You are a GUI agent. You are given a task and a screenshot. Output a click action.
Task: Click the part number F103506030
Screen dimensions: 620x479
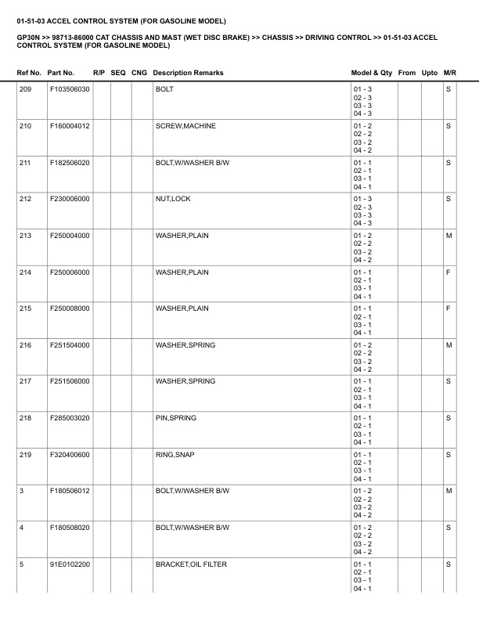[x=70, y=89]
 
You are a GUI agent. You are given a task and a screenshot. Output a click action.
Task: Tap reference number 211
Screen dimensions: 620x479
[x=25, y=162]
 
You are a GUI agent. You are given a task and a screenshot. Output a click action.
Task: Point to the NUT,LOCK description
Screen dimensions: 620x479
[x=173, y=199]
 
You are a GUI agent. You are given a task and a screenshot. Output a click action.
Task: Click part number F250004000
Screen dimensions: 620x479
[x=70, y=236]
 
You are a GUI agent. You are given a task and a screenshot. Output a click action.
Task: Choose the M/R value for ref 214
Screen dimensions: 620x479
[x=448, y=272]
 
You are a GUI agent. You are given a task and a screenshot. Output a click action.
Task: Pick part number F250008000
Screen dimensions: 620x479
[x=70, y=308]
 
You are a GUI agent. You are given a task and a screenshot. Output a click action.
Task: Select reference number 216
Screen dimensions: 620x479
[x=25, y=345]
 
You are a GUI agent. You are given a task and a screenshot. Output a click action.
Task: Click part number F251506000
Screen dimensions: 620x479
[x=70, y=382]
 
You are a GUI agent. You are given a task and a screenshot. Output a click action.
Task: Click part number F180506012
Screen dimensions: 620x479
[x=70, y=492]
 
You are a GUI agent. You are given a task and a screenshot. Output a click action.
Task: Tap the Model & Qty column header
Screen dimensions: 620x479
[x=372, y=73]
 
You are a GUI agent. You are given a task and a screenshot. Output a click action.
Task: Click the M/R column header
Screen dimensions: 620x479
[x=449, y=73]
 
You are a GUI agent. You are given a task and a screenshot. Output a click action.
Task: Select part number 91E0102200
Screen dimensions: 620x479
[x=70, y=564]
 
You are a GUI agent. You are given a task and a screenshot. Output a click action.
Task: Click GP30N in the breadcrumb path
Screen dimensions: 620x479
[x=28, y=37]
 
